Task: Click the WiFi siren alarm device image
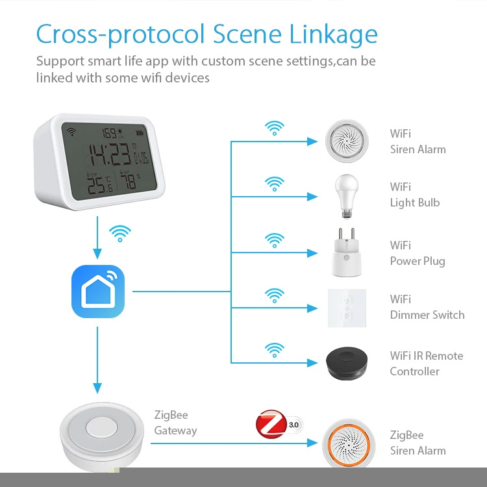tap(347, 142)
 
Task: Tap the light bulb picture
tap(346, 193)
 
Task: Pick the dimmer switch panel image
tap(347, 307)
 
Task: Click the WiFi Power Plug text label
tap(417, 253)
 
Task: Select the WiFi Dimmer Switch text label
tap(427, 307)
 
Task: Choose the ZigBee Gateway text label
tap(175, 423)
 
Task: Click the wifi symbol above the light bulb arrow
tap(275, 183)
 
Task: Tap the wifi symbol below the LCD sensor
tap(119, 233)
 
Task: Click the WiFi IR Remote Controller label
tap(426, 364)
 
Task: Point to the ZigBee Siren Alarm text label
tap(418, 443)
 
